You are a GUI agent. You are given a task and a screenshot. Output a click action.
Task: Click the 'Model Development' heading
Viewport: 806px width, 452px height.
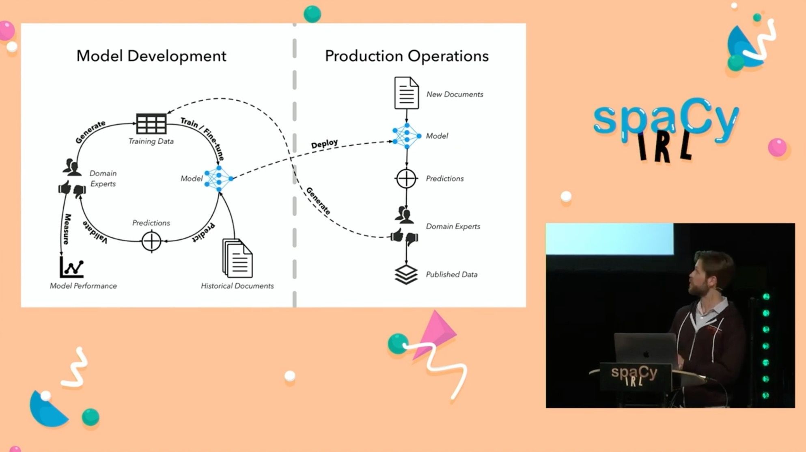[x=151, y=56]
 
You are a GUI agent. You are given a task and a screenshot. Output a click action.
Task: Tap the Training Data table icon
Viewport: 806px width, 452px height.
[x=151, y=123]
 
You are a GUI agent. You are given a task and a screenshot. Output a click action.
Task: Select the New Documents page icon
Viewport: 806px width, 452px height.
[x=406, y=93]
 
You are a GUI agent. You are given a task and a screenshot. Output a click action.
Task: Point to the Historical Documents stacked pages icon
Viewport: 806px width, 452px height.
[x=237, y=258]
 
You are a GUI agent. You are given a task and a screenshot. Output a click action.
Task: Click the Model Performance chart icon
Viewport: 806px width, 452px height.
[x=72, y=267]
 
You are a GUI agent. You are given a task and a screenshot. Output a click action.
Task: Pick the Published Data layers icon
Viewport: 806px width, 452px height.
[x=406, y=275]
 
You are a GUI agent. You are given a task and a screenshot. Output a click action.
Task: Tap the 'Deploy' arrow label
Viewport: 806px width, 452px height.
[x=324, y=144]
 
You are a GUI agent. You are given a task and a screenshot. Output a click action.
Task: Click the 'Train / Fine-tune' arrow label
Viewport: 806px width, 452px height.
[x=203, y=138]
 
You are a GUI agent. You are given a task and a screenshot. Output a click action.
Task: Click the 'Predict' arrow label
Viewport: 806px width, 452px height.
[x=203, y=232]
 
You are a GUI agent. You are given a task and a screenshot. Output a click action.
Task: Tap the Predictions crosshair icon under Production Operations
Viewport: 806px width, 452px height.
[x=406, y=179]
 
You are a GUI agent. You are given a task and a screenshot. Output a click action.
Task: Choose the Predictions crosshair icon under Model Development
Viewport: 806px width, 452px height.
[x=151, y=241]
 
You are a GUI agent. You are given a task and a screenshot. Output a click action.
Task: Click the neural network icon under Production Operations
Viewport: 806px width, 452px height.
[x=407, y=136]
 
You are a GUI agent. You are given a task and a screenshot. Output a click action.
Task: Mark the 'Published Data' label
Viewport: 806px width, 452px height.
[x=451, y=275]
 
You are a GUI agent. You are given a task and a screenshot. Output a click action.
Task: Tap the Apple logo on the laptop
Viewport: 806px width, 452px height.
[x=646, y=354]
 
